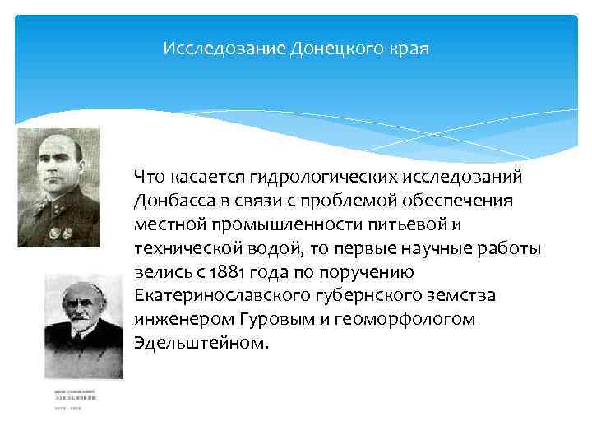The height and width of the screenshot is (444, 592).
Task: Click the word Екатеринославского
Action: tap(215, 295)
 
